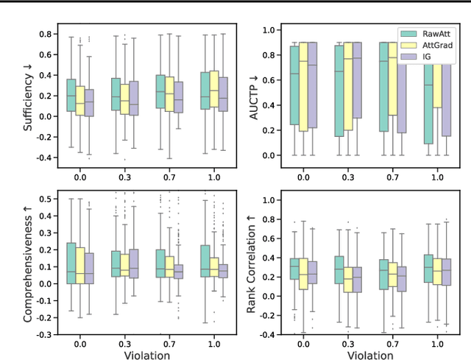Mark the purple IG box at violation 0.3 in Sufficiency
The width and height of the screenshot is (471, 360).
[133, 98]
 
